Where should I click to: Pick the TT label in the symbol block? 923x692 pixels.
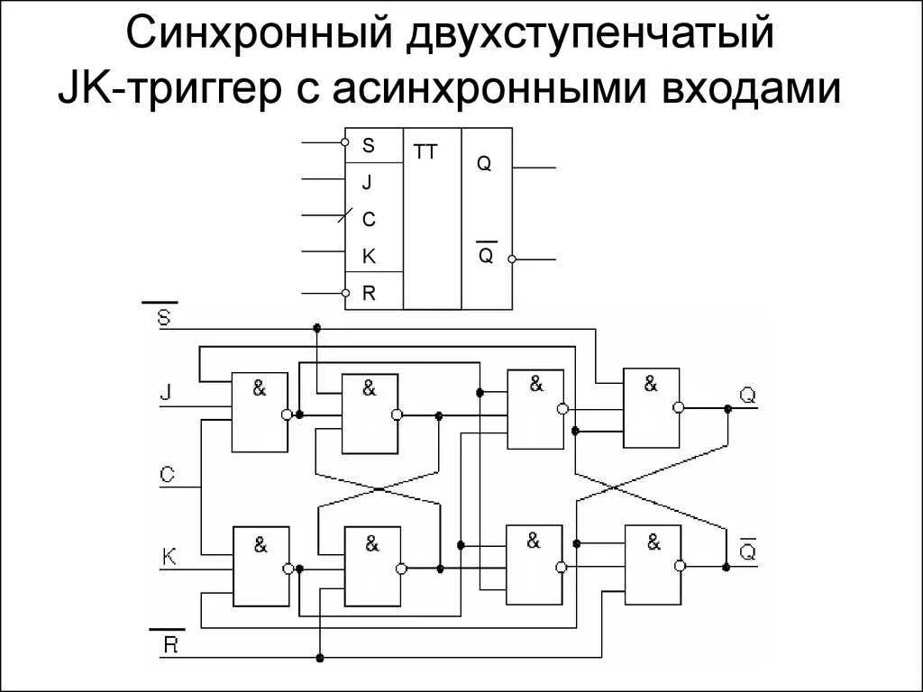(x=425, y=152)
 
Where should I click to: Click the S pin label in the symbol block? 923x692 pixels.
(x=368, y=145)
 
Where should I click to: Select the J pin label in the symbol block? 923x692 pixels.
(x=367, y=183)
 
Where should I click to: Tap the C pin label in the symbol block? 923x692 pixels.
(x=368, y=219)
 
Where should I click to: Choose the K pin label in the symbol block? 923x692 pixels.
(x=368, y=257)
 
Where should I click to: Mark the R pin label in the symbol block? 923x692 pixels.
(x=368, y=293)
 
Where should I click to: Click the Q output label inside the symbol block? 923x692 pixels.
(x=484, y=165)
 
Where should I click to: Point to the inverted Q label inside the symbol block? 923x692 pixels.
(x=485, y=255)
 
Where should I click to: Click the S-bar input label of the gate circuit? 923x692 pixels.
(x=165, y=317)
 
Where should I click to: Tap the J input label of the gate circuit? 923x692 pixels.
(x=165, y=393)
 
